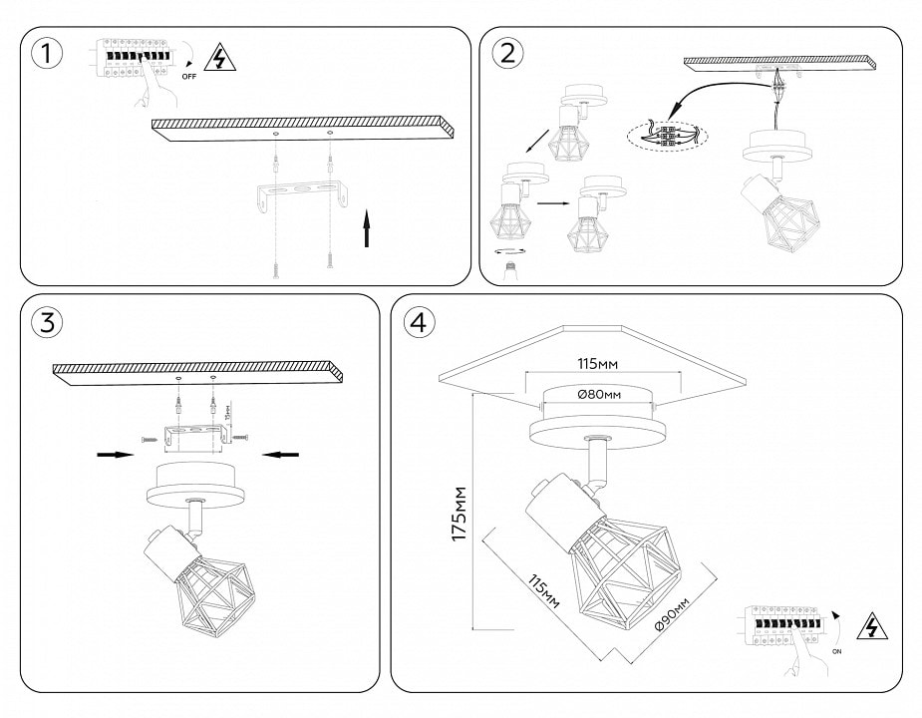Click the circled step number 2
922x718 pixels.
point(508,55)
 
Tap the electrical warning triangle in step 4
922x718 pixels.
point(873,626)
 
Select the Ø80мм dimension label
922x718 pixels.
point(599,395)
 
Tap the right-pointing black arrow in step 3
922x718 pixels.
point(116,455)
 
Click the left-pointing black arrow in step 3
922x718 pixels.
point(282,455)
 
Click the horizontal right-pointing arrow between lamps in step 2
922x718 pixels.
point(550,202)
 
